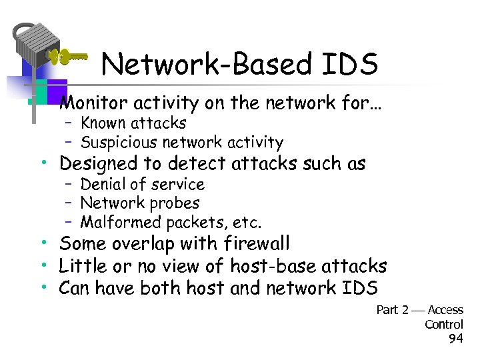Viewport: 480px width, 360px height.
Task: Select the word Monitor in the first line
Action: pyautogui.click(x=93, y=103)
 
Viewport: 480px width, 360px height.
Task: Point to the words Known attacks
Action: pyautogui.click(x=133, y=123)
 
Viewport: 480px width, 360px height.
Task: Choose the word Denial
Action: pyautogui.click(x=103, y=184)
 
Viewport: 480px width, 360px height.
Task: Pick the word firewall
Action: pyautogui.click(x=251, y=244)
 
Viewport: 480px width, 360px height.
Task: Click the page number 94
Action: pyautogui.click(x=456, y=338)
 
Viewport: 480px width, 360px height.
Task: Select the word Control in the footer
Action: pyautogui.click(x=444, y=324)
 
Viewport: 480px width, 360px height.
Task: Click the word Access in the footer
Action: pyautogui.click(x=445, y=310)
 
